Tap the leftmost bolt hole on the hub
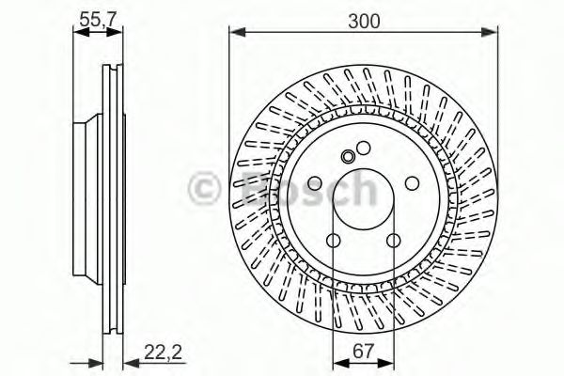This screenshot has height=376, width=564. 314,182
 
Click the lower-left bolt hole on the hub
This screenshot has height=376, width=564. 333,242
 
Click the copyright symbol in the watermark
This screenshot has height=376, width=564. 205,187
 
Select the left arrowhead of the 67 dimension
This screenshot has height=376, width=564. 337,362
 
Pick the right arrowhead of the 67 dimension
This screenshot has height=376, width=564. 387,362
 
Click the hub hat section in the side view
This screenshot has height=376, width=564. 85,188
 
